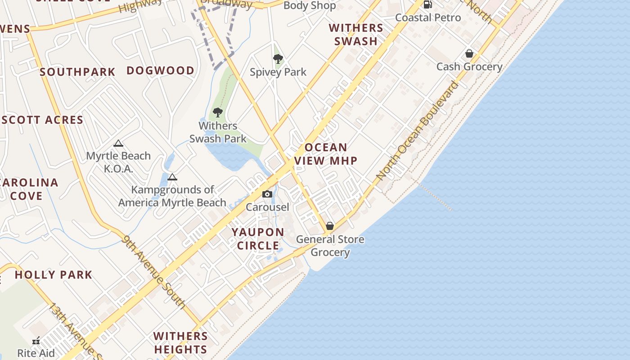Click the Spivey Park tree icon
click(x=278, y=58)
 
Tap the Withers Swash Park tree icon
click(x=218, y=112)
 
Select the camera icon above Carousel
click(x=267, y=194)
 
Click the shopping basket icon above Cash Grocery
click(x=469, y=54)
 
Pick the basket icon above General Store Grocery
click(x=330, y=225)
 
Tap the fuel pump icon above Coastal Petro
click(x=427, y=4)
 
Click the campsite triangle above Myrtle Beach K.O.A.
click(x=118, y=144)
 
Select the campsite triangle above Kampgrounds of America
click(x=172, y=177)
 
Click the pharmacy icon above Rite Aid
click(x=36, y=341)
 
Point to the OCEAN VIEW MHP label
click(x=326, y=154)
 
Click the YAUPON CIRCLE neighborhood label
click(x=258, y=239)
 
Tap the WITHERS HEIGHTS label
click(x=180, y=342)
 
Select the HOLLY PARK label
click(x=54, y=274)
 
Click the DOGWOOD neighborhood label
click(x=160, y=70)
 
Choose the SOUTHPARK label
click(x=77, y=72)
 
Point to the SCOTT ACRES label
click(x=42, y=120)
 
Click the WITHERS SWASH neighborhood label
click(x=356, y=34)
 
